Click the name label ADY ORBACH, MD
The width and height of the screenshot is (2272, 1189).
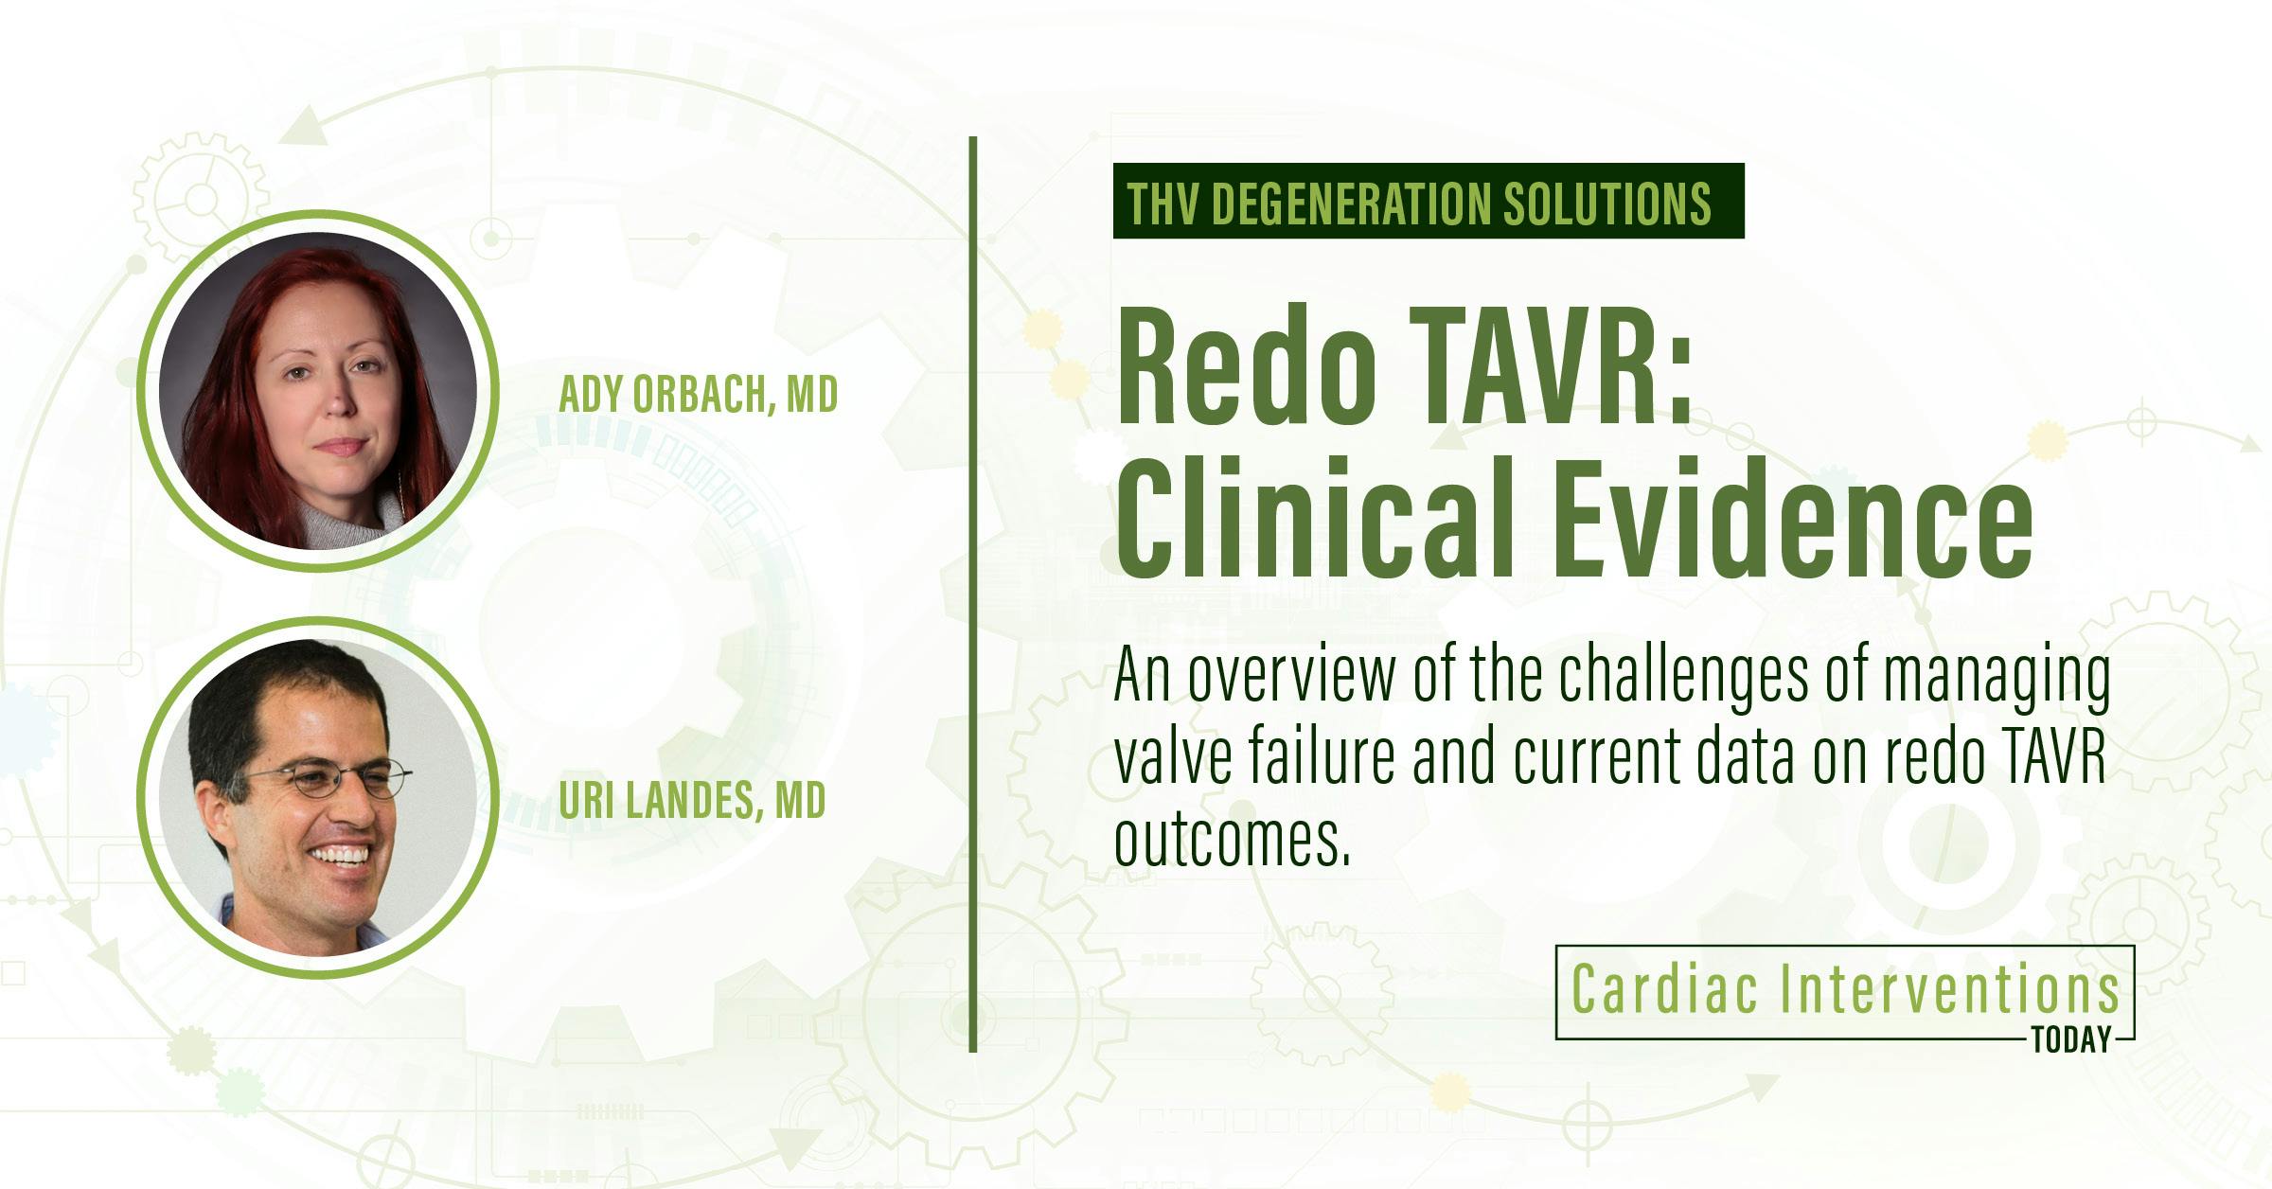[x=698, y=394]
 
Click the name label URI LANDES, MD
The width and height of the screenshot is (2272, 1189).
[x=692, y=801]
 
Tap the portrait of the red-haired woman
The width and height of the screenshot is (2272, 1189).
[x=318, y=391]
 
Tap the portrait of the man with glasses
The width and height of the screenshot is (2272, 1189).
[x=318, y=797]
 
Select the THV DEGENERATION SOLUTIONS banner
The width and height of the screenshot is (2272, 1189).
[x=1428, y=201]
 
